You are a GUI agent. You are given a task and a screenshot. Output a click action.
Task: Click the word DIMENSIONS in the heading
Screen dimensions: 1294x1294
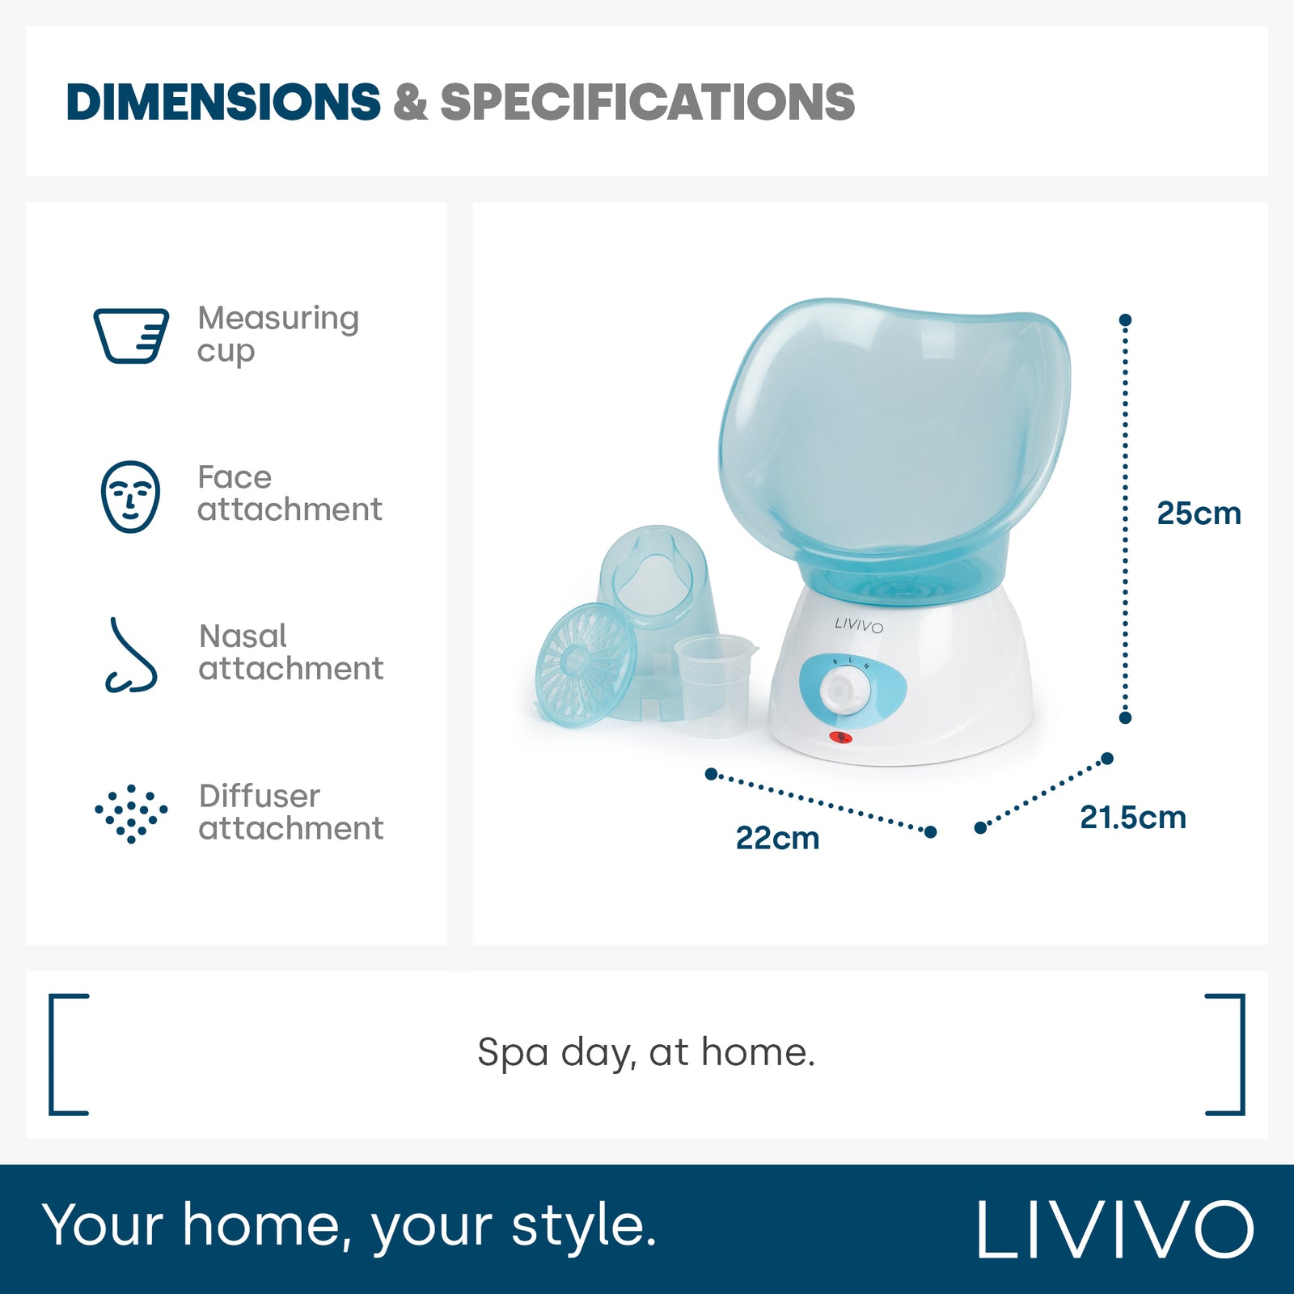(223, 102)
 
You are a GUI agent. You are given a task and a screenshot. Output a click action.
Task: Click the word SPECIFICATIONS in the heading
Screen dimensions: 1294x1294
(648, 102)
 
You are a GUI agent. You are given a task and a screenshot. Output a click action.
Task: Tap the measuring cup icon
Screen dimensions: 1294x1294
(131, 335)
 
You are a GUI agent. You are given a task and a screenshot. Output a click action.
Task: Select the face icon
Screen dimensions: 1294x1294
(130, 497)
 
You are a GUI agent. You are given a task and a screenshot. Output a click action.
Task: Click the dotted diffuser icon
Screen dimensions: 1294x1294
(131, 813)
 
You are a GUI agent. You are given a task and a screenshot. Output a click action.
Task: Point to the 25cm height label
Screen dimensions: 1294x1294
(1199, 514)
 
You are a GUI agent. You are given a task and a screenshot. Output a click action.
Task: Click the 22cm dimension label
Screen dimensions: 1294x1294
(777, 839)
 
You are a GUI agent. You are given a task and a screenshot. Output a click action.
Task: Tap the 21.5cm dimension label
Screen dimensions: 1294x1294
(1133, 818)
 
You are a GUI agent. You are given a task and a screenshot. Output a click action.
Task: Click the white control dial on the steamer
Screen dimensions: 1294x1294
(846, 690)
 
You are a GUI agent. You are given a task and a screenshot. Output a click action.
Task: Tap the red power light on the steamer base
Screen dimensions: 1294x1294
(840, 738)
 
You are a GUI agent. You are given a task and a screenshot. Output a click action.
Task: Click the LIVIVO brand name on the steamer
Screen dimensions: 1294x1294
(859, 625)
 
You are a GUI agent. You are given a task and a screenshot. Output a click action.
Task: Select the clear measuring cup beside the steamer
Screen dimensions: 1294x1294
(716, 685)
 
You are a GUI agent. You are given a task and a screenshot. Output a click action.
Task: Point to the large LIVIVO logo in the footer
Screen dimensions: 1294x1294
(1115, 1228)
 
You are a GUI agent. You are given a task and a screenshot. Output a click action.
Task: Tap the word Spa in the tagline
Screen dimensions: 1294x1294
(513, 1054)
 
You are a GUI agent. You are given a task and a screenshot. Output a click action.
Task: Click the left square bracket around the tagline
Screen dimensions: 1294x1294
(69, 1055)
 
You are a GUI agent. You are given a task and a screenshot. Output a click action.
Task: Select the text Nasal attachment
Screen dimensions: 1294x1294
(291, 653)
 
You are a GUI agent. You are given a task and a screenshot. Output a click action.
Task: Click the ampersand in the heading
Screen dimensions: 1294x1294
(410, 102)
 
